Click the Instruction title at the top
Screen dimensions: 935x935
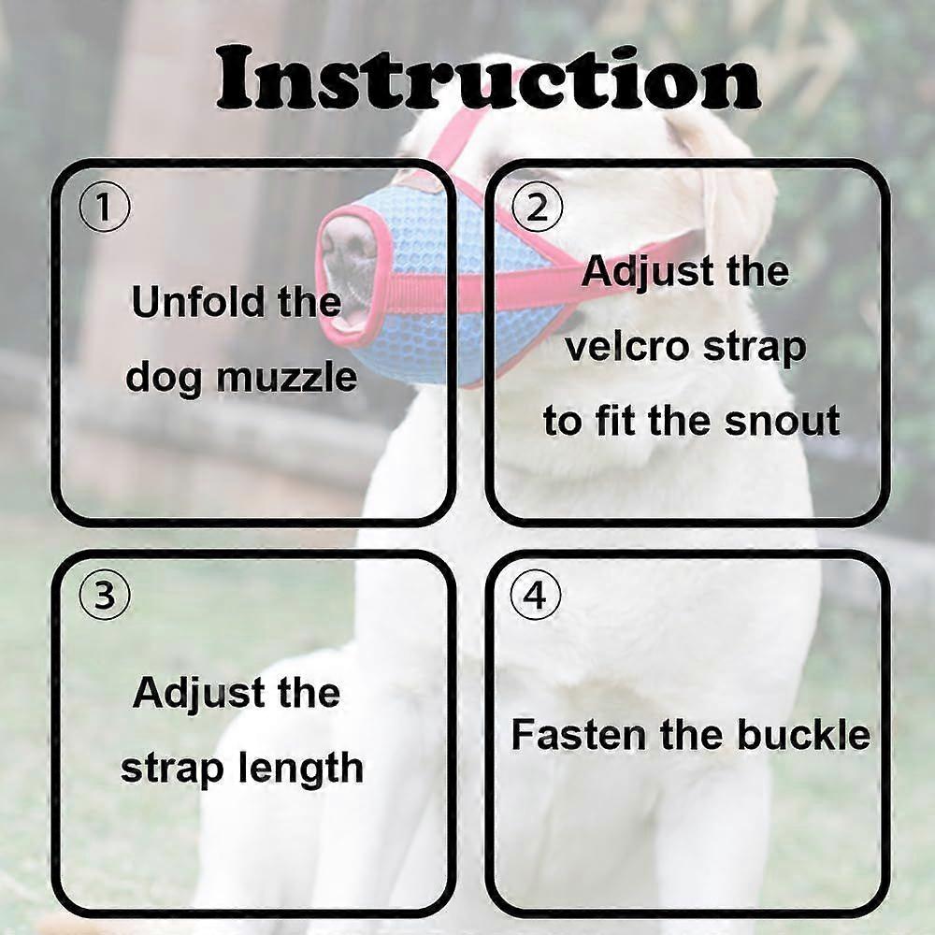[488, 79]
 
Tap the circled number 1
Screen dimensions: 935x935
[105, 209]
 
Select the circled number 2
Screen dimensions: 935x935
[537, 209]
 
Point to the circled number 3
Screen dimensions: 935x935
[105, 595]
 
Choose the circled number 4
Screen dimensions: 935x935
[537, 595]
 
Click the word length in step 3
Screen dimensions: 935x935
[300, 768]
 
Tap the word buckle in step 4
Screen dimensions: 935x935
[803, 735]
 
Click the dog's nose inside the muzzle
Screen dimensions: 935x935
[348, 250]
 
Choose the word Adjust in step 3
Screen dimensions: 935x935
[199, 695]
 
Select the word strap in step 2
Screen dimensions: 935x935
[755, 348]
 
